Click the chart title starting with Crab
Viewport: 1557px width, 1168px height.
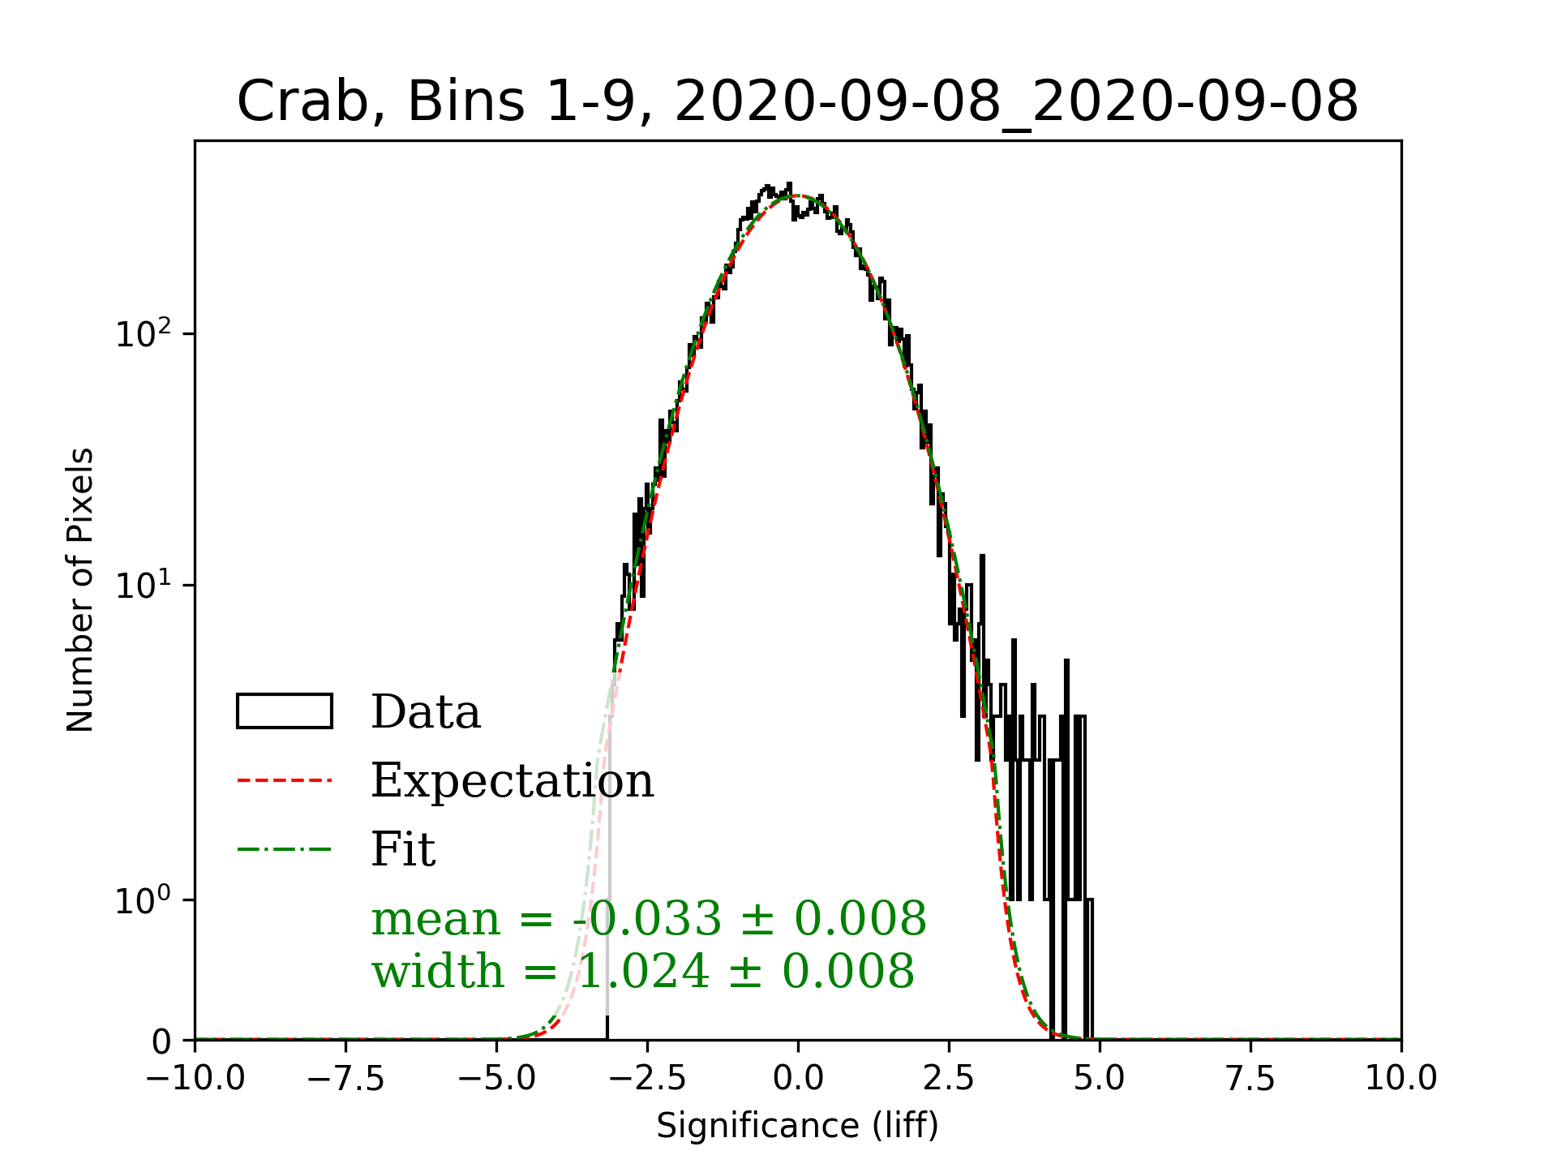[797, 102]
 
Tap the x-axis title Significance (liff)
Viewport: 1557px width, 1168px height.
[797, 1126]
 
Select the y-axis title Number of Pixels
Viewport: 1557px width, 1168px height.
[80, 590]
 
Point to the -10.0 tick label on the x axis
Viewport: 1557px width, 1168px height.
[195, 1079]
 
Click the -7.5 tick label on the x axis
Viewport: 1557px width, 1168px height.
[345, 1079]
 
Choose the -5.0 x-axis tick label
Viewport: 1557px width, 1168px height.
[496, 1079]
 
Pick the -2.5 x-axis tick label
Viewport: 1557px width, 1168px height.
[647, 1079]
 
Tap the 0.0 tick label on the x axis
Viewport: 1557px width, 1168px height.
[798, 1079]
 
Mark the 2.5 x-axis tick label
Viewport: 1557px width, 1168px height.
[949, 1079]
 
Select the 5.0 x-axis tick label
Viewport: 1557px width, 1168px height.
[1100, 1079]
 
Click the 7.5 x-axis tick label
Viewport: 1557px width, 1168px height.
[1250, 1079]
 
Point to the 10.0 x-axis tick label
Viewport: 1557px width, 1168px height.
[1401, 1079]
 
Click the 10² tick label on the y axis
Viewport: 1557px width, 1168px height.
[144, 333]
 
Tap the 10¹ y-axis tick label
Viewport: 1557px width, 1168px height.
[144, 585]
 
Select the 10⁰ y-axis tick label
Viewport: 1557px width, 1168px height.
[144, 900]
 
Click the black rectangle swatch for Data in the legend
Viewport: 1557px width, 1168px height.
[284, 711]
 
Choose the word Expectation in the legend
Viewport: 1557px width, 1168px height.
[512, 781]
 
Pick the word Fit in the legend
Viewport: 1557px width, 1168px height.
[403, 850]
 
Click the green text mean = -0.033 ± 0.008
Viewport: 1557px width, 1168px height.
[649, 919]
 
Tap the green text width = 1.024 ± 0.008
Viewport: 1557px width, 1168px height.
[643, 972]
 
